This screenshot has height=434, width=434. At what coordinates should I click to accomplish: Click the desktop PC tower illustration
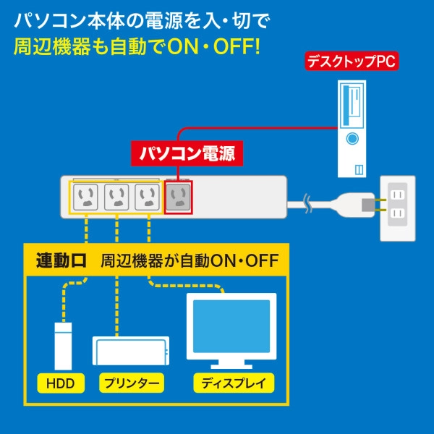[x=352, y=128]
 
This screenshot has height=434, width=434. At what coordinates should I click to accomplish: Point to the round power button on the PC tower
[x=352, y=137]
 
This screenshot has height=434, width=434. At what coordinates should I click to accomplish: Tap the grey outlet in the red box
[x=177, y=196]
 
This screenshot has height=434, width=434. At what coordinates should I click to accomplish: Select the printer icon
[x=131, y=352]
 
